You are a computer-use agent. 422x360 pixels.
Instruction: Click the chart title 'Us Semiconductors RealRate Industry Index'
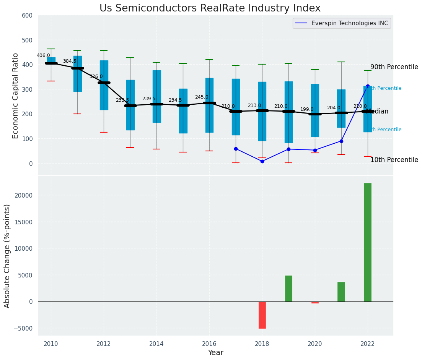210,8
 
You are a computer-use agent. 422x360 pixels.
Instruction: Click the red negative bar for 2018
262,315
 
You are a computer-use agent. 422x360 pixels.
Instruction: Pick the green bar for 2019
288,289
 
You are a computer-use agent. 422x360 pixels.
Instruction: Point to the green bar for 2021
341,292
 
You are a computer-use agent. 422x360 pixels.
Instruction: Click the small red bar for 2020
315,302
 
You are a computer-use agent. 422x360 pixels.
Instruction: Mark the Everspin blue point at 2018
262,161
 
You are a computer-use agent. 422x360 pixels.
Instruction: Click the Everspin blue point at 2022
368,86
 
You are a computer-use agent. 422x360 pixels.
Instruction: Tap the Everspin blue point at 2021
341,141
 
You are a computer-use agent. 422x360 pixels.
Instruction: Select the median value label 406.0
43,55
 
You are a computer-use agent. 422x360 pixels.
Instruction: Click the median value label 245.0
202,97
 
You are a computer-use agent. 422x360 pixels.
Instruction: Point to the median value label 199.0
307,109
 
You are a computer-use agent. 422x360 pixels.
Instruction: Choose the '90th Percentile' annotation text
394,67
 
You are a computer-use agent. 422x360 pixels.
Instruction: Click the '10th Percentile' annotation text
394,160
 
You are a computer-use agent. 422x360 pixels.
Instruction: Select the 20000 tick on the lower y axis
24,195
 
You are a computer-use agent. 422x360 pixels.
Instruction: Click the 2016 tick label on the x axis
209,344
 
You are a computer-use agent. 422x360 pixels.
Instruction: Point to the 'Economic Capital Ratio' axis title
15,96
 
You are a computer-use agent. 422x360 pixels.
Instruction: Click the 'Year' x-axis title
215,353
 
